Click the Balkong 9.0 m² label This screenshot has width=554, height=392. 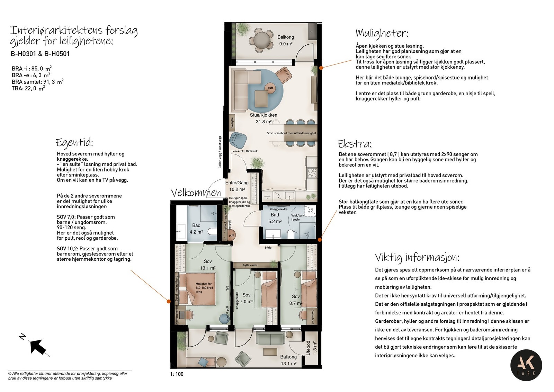tap(285, 40)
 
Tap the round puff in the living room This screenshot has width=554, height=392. tap(270, 88)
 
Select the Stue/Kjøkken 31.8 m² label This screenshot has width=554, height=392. tap(263, 118)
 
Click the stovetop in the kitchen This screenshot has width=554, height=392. tap(312, 172)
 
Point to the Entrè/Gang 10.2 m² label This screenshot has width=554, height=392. tap(237, 186)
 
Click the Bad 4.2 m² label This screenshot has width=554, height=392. tap(196, 229)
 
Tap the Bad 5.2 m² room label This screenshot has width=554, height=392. tap(275, 218)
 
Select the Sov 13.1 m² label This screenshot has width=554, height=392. tap(208, 265)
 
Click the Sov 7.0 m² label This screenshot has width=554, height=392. tap(246, 298)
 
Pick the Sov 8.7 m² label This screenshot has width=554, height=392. tap(296, 300)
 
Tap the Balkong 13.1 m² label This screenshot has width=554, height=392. tap(288, 360)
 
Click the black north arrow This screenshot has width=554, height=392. tap(38, 346)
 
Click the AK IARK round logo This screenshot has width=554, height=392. tap(526, 365)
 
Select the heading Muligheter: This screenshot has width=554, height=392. tap(382, 33)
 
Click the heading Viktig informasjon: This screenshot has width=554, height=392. tap(417, 257)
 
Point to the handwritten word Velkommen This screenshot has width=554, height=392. tap(196, 193)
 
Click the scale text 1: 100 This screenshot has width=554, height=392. tap(177, 374)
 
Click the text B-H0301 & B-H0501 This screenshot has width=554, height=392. tap(40, 54)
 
